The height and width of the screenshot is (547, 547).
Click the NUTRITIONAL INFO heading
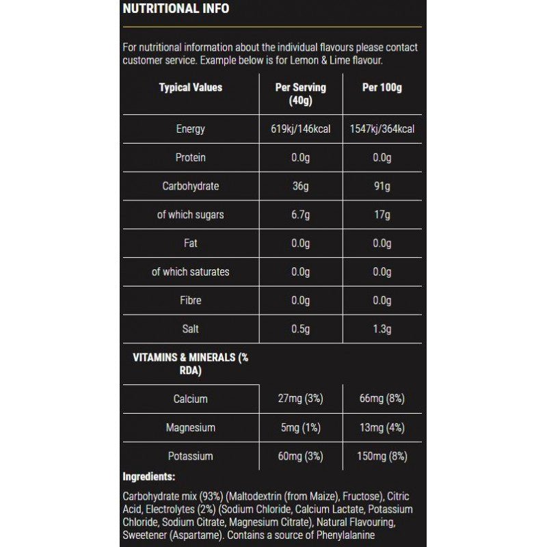click(x=176, y=9)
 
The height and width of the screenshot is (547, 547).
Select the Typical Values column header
click(x=191, y=88)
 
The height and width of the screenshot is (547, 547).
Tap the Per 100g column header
click(x=382, y=88)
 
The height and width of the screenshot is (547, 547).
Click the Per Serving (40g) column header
click(x=300, y=94)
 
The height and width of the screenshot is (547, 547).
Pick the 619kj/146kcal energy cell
click(x=301, y=129)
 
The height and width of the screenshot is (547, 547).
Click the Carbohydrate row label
click(x=191, y=186)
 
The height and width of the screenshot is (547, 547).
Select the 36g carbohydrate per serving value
click(x=301, y=186)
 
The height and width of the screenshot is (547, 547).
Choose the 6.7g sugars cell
click(x=301, y=215)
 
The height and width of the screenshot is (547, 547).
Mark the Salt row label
click(x=191, y=329)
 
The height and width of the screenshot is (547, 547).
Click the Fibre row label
click(x=191, y=300)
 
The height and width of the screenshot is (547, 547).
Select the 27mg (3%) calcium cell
click(x=301, y=399)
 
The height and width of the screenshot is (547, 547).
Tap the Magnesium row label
click(x=191, y=427)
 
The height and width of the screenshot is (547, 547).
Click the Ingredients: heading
click(x=149, y=477)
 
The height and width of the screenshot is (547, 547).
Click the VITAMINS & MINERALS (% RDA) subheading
click(x=185, y=364)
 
